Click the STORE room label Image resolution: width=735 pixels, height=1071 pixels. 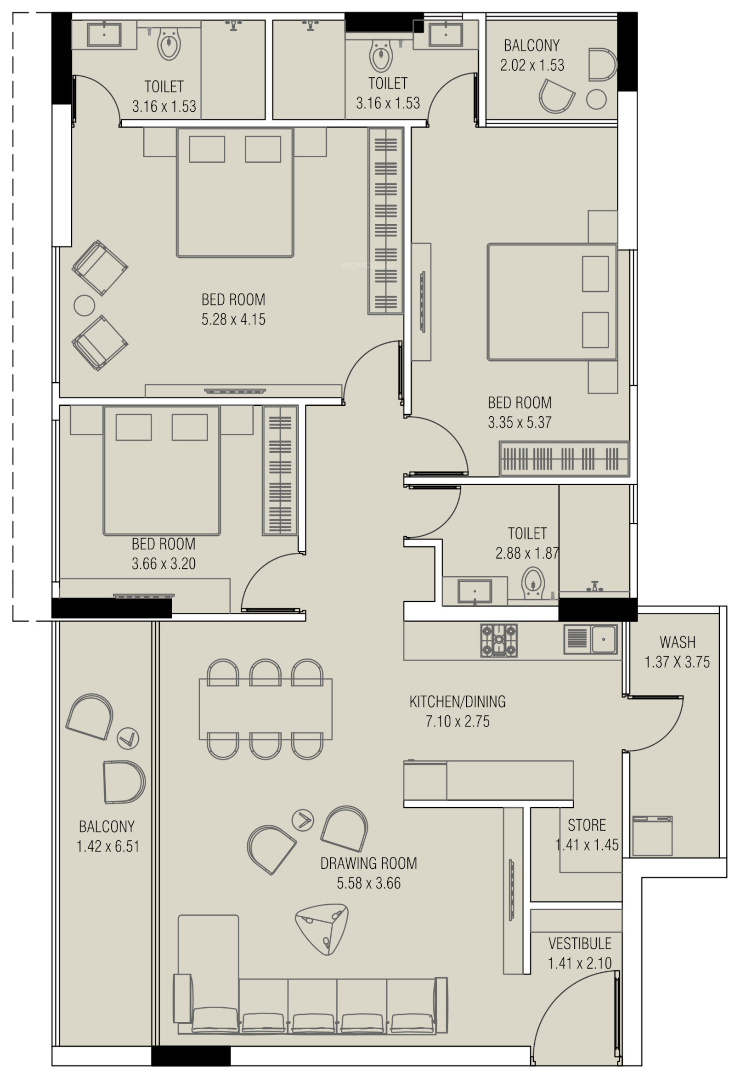[587, 824]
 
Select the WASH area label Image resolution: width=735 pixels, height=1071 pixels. [677, 642]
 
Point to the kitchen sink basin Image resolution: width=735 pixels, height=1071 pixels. [604, 639]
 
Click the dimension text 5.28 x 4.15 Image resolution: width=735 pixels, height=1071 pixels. [233, 319]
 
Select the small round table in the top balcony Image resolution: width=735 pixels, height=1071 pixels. [596, 100]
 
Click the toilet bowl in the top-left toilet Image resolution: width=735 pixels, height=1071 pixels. [169, 44]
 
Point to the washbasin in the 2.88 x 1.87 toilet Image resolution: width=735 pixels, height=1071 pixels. [475, 591]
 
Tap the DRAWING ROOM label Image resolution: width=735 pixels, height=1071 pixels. [369, 863]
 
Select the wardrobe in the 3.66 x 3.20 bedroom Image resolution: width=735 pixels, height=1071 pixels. [280, 470]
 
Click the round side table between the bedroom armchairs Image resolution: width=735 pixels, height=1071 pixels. [85, 305]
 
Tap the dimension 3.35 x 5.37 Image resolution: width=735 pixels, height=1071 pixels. [520, 422]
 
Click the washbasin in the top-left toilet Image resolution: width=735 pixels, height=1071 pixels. [104, 35]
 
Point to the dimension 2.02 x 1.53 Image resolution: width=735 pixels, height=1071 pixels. [532, 65]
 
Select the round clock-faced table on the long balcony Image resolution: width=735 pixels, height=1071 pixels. [128, 738]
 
